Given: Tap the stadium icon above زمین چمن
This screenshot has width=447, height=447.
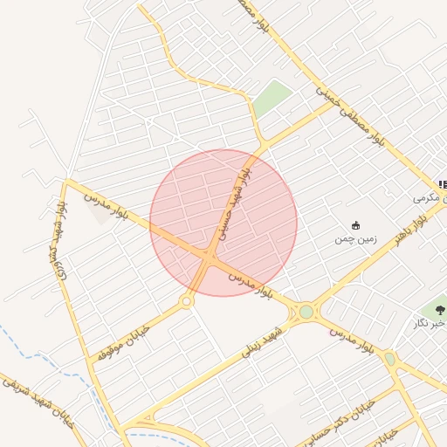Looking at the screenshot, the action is click(354, 225).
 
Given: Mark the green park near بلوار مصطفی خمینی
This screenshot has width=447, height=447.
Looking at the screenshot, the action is click(272, 98).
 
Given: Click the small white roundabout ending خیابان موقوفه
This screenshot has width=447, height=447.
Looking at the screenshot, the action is click(186, 301).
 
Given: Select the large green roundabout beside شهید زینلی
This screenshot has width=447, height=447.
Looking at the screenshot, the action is click(306, 312).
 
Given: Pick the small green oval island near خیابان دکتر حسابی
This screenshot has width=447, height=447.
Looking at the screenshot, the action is click(389, 358).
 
